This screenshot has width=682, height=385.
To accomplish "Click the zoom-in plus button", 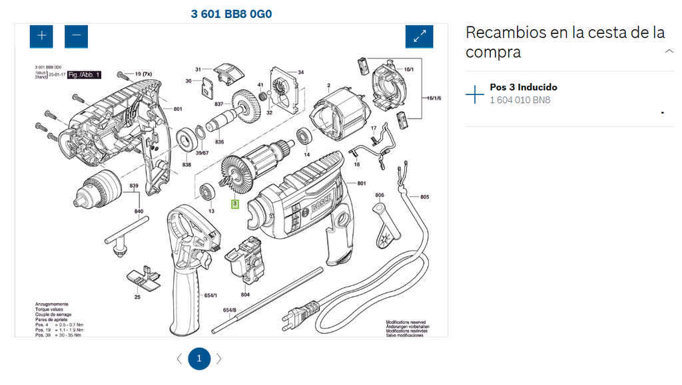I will (41, 36).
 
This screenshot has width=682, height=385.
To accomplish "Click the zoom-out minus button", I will (76, 36).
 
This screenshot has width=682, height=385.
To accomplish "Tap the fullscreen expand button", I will (419, 36).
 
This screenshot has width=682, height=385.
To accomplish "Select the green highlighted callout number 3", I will (234, 203).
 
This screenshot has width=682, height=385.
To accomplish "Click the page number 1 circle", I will (199, 359).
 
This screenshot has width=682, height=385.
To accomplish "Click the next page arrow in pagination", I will (219, 359).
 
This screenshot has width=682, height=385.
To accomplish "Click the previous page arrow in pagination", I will (179, 359).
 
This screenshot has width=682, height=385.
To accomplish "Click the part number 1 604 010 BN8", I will (520, 100).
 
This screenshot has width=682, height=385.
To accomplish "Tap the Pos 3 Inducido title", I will (523, 87).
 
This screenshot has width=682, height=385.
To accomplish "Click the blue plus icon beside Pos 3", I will (475, 94).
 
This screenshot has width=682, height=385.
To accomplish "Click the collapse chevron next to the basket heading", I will (669, 51).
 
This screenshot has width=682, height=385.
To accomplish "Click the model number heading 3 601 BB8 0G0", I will (231, 14).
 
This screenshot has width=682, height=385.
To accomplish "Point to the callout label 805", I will (424, 197).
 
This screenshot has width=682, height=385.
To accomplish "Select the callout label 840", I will (139, 211).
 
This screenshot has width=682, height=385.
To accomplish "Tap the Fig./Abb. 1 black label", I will (84, 75).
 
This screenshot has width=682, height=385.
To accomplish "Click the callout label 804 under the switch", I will (245, 295).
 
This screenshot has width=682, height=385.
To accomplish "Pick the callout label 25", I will (137, 297).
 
